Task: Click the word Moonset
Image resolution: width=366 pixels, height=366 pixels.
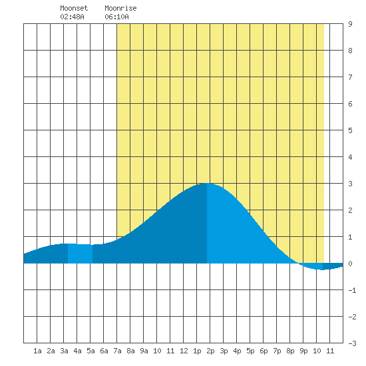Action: [x=74, y=8]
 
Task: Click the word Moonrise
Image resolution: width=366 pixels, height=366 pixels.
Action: [x=120, y=8]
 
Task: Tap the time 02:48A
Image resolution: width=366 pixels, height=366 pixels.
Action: [x=72, y=17]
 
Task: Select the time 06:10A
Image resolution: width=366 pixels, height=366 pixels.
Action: [x=116, y=17]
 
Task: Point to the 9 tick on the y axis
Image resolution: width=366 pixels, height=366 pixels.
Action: [x=350, y=24]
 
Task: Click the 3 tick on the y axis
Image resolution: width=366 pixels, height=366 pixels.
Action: [x=350, y=184]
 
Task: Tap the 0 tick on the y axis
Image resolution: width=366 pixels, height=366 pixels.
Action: [x=350, y=264]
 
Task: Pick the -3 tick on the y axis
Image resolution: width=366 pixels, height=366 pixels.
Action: [x=352, y=343]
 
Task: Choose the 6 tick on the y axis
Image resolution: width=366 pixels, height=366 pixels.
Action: [x=350, y=104]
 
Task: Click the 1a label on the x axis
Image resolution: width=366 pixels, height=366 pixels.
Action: [x=37, y=351]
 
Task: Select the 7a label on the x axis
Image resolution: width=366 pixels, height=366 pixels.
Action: [x=117, y=351]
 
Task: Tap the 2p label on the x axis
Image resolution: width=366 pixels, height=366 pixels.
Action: [x=210, y=351]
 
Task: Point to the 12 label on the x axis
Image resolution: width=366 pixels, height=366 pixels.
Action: [x=184, y=351]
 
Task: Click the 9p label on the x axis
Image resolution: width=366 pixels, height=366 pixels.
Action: [x=303, y=351]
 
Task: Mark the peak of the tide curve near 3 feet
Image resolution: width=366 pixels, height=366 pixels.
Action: [x=207, y=184]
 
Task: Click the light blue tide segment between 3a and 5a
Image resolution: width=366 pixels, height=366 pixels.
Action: [x=80, y=254]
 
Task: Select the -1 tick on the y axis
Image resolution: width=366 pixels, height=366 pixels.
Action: [x=352, y=290]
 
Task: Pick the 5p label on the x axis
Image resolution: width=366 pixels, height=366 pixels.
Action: [x=250, y=351]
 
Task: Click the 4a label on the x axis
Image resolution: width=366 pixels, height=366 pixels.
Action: [x=77, y=351]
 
